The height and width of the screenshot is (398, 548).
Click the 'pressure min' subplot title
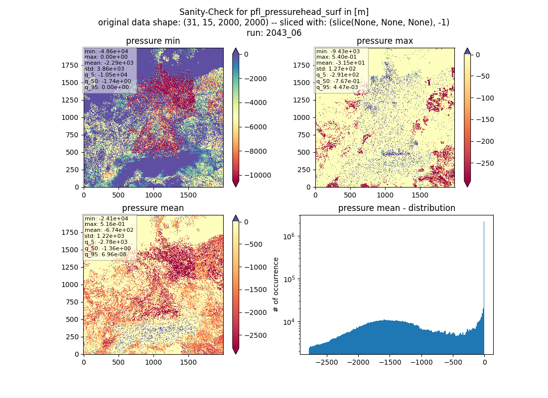[x=153, y=41]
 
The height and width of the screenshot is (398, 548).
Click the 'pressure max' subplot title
[x=385, y=41]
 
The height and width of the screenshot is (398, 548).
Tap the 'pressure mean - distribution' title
[x=397, y=208]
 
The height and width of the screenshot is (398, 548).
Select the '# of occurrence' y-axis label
[x=276, y=285]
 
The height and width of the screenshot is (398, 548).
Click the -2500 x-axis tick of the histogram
[x=326, y=362]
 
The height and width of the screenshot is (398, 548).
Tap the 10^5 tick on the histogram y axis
[x=288, y=279]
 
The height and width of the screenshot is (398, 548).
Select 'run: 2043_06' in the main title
[x=274, y=33]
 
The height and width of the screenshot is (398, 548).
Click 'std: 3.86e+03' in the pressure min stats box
[x=104, y=69]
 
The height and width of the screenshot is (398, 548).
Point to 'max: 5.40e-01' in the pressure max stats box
[x=336, y=57]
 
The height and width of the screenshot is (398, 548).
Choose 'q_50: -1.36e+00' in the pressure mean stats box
[x=108, y=249]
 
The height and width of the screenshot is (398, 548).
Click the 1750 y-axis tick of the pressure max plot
[x=301, y=65]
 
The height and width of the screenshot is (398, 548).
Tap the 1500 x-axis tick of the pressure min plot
[x=188, y=195]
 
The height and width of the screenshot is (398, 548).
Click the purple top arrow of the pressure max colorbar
[x=467, y=51]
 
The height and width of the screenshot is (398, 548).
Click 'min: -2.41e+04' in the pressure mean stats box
[x=106, y=218]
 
